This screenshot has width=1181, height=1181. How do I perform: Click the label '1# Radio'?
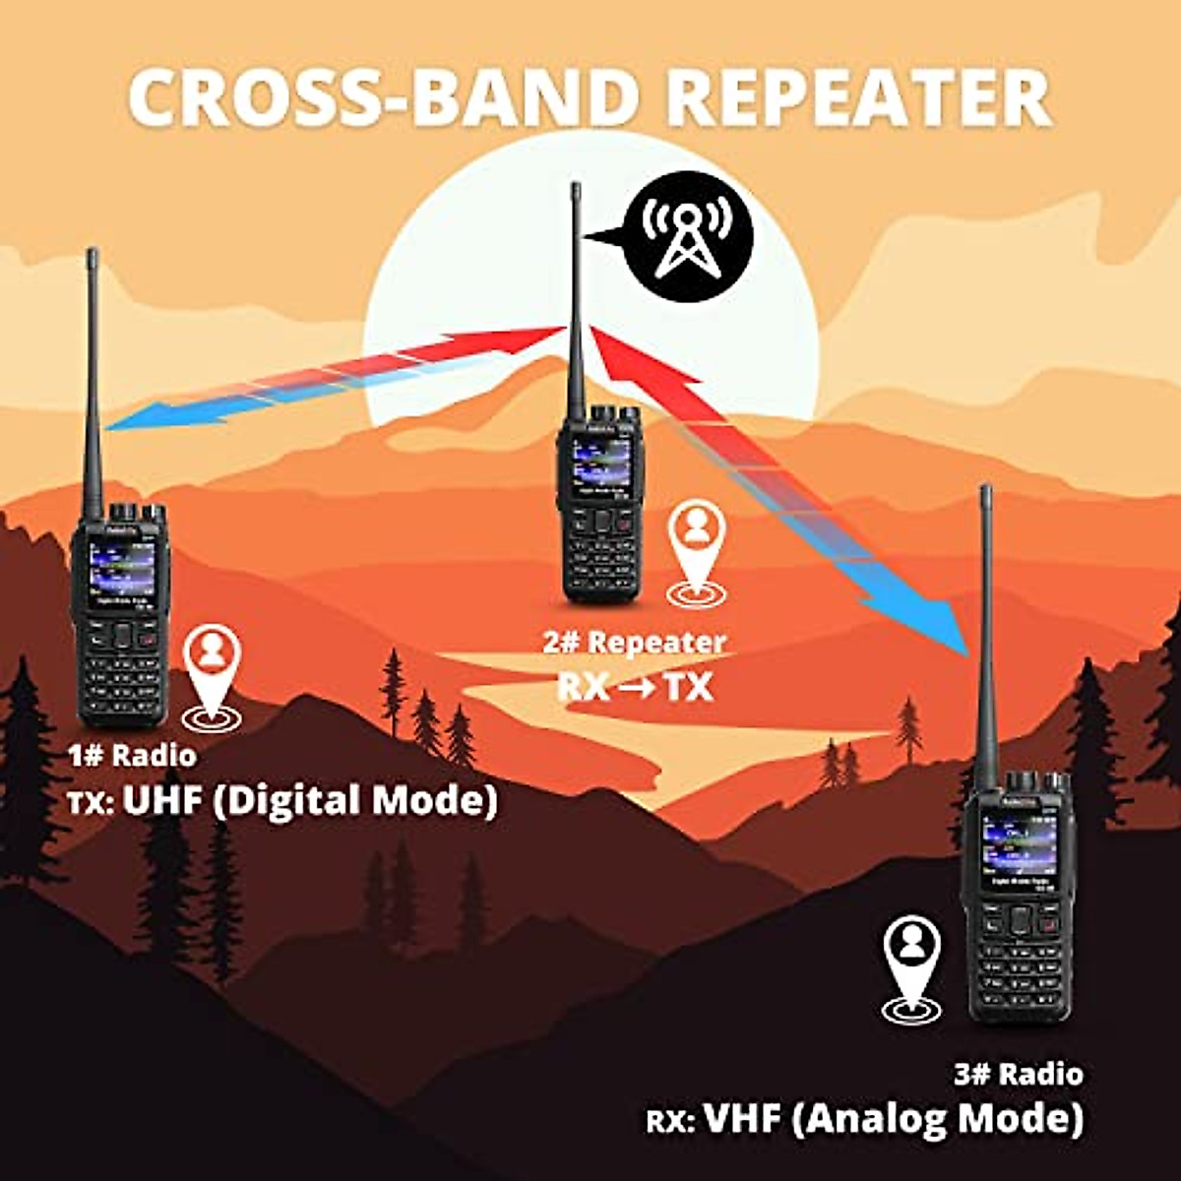point(132,756)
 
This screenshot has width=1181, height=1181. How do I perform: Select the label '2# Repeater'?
point(635,643)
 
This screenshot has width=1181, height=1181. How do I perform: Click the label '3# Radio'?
point(1019,1074)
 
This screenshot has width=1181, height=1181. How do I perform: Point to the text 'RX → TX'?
point(635,686)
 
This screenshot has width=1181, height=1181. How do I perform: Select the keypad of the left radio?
point(121,669)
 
